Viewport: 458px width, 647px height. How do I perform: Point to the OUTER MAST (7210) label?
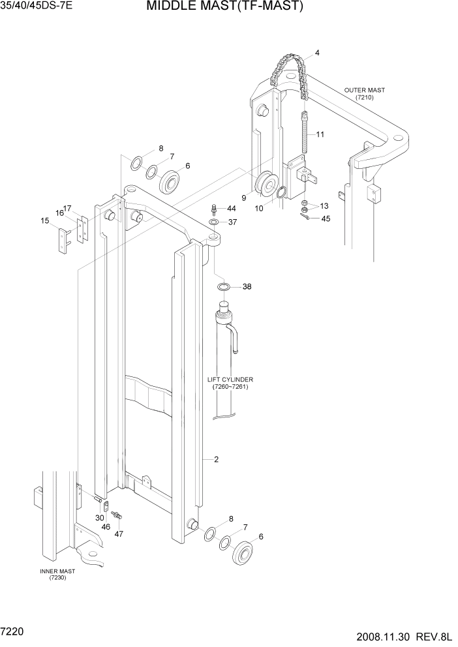tap(364, 93)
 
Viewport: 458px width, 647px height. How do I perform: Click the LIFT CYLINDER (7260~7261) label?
tap(230, 383)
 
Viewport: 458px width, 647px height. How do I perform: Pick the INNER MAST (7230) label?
tap(57, 575)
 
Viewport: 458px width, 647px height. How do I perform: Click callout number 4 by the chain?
tap(317, 53)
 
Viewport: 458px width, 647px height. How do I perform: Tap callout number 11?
tap(320, 134)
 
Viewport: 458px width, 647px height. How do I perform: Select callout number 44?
tap(231, 209)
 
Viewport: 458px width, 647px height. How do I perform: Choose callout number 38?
tap(247, 287)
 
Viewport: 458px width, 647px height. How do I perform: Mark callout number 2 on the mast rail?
tap(216, 459)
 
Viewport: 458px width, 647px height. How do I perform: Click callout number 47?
tap(118, 534)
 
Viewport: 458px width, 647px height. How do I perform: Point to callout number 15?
tap(45, 220)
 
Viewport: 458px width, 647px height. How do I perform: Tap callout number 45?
tap(326, 218)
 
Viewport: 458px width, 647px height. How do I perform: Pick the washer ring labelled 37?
tap(214, 223)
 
